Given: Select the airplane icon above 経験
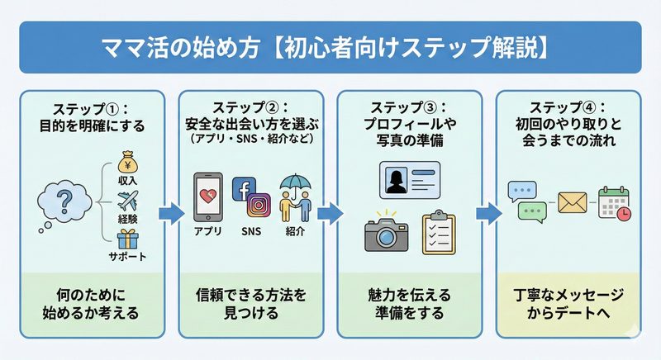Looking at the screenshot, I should click(x=127, y=200).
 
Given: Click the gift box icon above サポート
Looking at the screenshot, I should click(x=127, y=239).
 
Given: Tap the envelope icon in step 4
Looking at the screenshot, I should click(x=572, y=201).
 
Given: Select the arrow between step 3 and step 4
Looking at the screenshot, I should click(x=487, y=212).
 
